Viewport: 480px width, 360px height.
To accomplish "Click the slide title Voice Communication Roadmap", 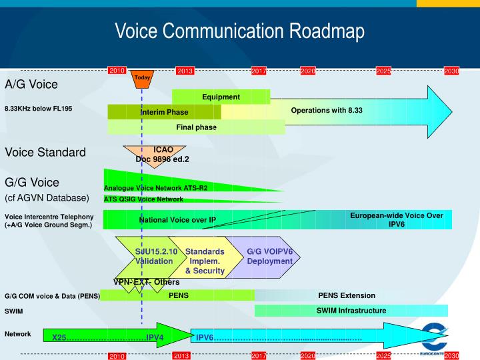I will [x=239, y=31].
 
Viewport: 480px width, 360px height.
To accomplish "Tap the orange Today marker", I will [x=142, y=78].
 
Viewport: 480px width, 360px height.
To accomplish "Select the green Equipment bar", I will [x=221, y=97].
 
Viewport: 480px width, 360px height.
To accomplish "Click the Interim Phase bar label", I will [x=164, y=112].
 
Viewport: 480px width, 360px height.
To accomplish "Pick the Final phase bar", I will [x=196, y=127].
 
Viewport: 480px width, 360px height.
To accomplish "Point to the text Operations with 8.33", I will [x=326, y=110].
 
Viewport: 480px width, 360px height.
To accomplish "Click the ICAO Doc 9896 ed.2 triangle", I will [x=154, y=155].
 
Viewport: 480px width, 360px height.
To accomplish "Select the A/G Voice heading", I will [x=31, y=84].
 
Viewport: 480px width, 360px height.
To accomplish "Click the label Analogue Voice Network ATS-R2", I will [x=155, y=188].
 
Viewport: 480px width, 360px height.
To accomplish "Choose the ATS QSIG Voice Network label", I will [x=143, y=199].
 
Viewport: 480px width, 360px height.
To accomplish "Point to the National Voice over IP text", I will [x=177, y=219].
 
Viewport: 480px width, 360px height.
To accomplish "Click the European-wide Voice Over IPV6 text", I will [x=396, y=219].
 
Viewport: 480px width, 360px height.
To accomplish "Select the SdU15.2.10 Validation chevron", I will [x=153, y=257].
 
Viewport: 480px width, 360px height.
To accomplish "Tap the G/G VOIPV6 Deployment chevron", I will [x=269, y=257].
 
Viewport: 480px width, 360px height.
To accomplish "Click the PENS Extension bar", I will [x=346, y=295].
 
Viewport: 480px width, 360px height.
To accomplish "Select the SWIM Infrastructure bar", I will [x=351, y=311].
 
